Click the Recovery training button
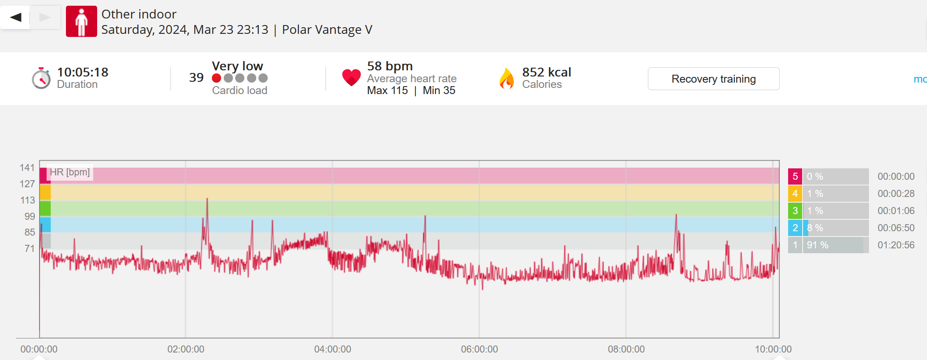coord(713,79)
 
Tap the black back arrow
coord(16,18)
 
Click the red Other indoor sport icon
coord(81,21)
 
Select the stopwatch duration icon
coord(41,79)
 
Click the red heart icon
coord(351,78)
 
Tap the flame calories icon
coord(506,79)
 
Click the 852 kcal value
coord(546,72)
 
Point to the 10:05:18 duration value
coord(83,72)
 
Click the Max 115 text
coord(387,91)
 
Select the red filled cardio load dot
coord(216,78)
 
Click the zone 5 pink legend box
coord(795,177)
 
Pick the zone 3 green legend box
coord(795,211)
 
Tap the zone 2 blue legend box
coord(795,228)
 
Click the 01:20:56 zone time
coord(896,245)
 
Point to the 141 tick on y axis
coord(27,168)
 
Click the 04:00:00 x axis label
coord(332,349)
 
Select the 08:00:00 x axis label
coord(626,349)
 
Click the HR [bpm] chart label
coord(70,172)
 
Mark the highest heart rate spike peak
coord(207,199)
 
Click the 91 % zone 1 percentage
coord(818,245)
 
